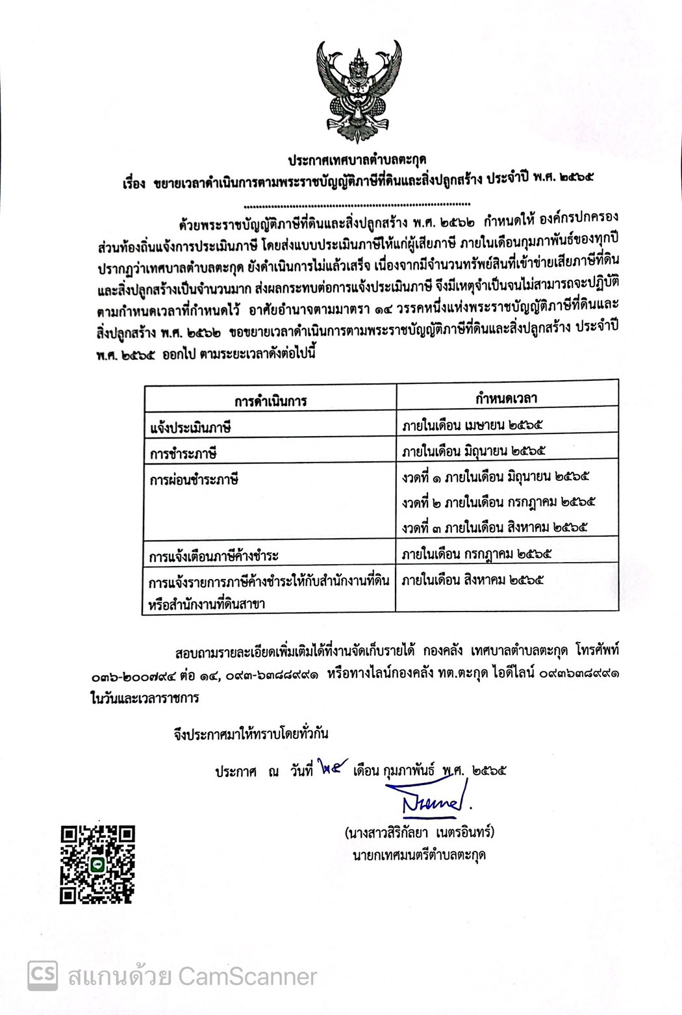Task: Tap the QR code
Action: (x=97, y=864)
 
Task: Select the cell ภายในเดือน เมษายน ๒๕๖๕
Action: (x=472, y=425)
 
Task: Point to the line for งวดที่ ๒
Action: (x=498, y=502)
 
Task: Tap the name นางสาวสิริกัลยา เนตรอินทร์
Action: (x=420, y=832)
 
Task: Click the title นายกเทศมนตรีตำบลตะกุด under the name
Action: (x=419, y=854)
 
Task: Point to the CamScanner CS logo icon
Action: (x=42, y=975)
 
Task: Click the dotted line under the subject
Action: (x=360, y=204)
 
